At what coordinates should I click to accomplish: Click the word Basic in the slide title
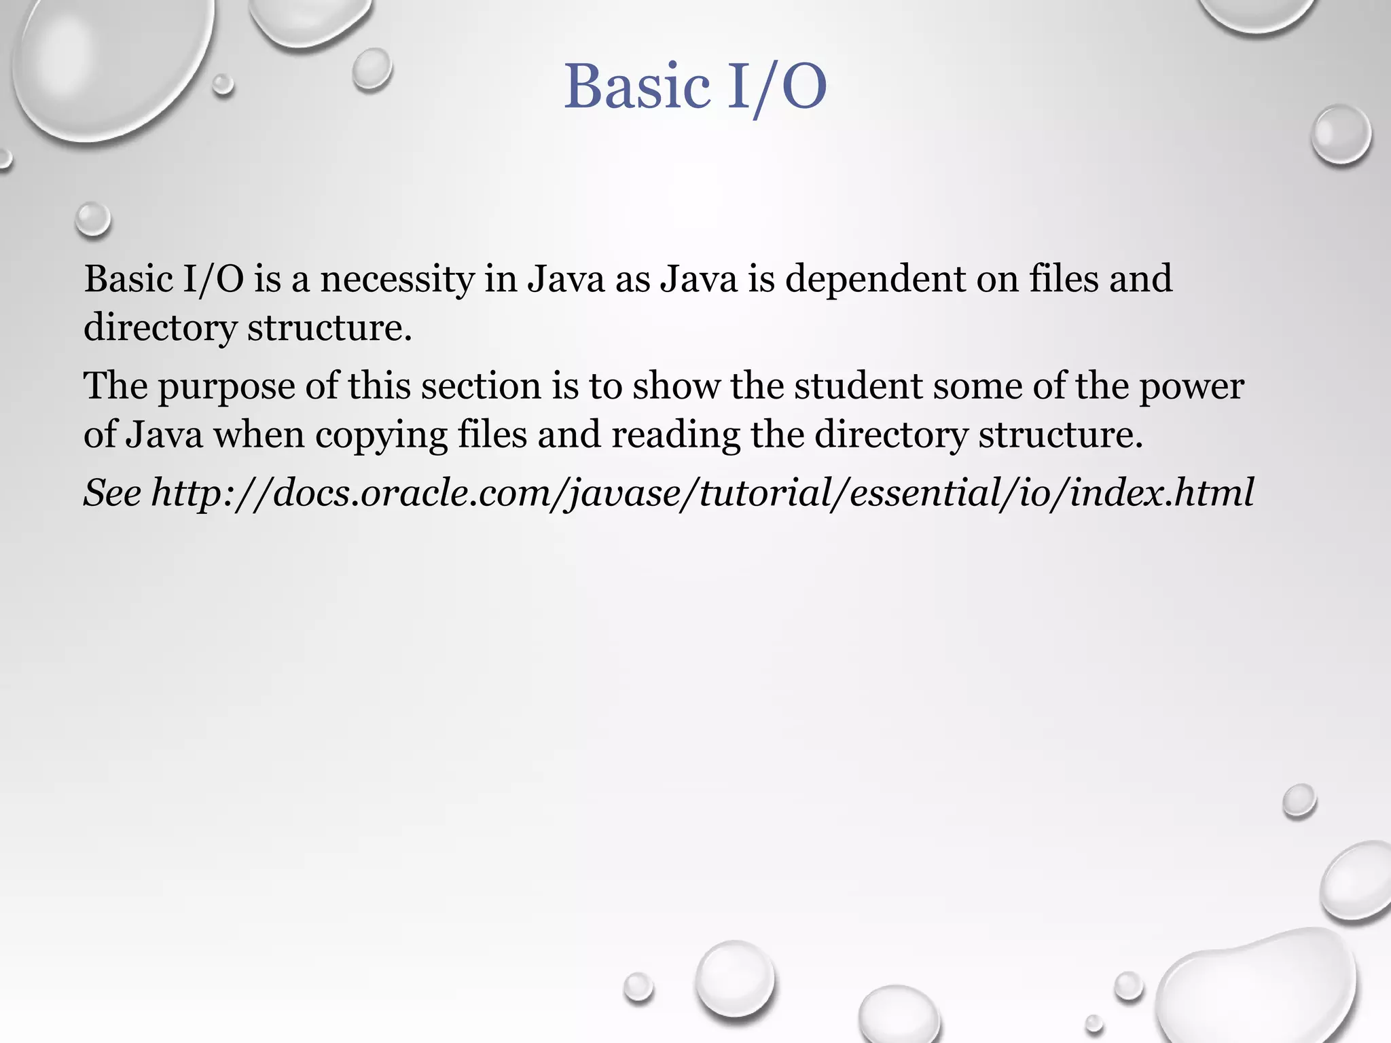636,87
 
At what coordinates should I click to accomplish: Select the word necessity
397,279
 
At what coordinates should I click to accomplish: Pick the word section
480,386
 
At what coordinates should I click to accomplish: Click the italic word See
113,492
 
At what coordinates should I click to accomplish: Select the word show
675,386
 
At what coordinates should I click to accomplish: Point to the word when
259,435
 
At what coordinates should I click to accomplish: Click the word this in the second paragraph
379,386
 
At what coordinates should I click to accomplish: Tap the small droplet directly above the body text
92,220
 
